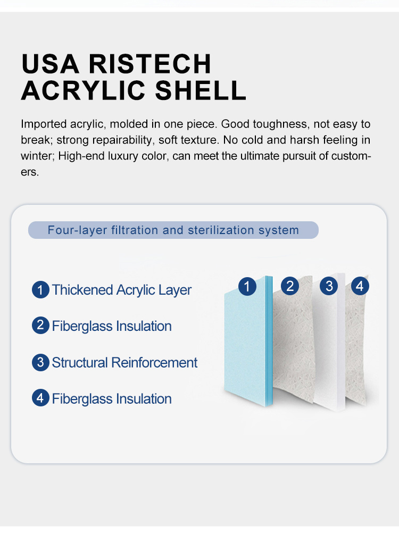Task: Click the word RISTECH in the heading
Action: click(150, 63)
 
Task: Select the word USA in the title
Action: click(50, 63)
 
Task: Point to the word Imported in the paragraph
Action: click(44, 124)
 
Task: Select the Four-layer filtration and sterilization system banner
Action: click(173, 230)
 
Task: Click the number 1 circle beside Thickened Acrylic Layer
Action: click(40, 290)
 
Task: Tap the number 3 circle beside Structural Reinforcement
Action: click(40, 362)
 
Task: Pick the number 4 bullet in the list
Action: click(40, 398)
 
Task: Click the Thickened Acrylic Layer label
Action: click(122, 290)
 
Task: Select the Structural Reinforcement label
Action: click(124, 362)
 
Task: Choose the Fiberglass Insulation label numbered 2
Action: click(112, 326)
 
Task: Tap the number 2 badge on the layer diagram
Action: click(290, 286)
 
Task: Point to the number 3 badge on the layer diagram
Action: click(329, 286)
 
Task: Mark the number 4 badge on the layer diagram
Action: click(360, 286)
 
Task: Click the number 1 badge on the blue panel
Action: click(247, 286)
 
